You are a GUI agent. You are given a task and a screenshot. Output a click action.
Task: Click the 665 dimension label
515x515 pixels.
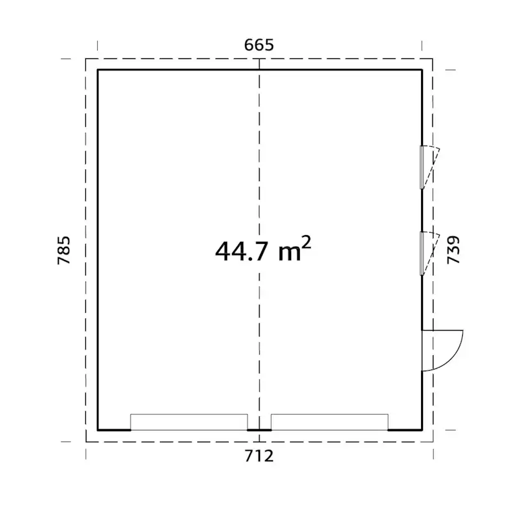click(259, 45)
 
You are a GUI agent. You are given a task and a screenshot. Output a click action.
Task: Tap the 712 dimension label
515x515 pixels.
click(259, 456)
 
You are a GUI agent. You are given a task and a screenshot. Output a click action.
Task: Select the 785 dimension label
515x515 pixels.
click(63, 250)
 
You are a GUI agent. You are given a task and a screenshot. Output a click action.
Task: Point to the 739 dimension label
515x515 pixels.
click(453, 250)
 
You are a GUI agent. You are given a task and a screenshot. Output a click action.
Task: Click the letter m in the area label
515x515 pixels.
click(289, 254)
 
